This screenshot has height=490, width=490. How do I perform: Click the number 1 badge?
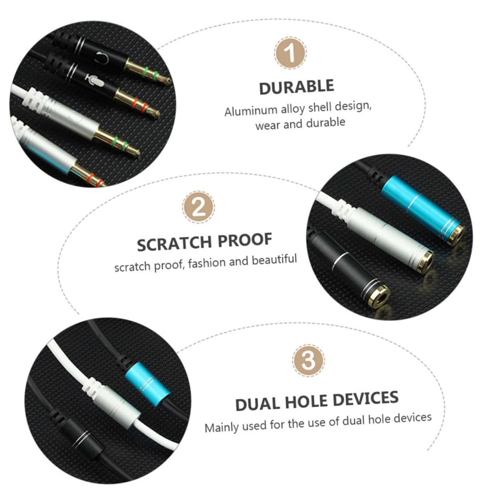pyautogui.click(x=290, y=53)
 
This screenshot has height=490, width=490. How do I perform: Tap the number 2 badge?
pyautogui.click(x=198, y=207)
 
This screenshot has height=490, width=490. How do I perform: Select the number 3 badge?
pyautogui.click(x=308, y=361)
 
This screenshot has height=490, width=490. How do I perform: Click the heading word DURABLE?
pyautogui.click(x=296, y=87)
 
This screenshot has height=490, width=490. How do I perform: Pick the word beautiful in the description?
pyautogui.click(x=274, y=260)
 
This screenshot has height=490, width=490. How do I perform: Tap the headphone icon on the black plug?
pyautogui.click(x=102, y=58)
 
